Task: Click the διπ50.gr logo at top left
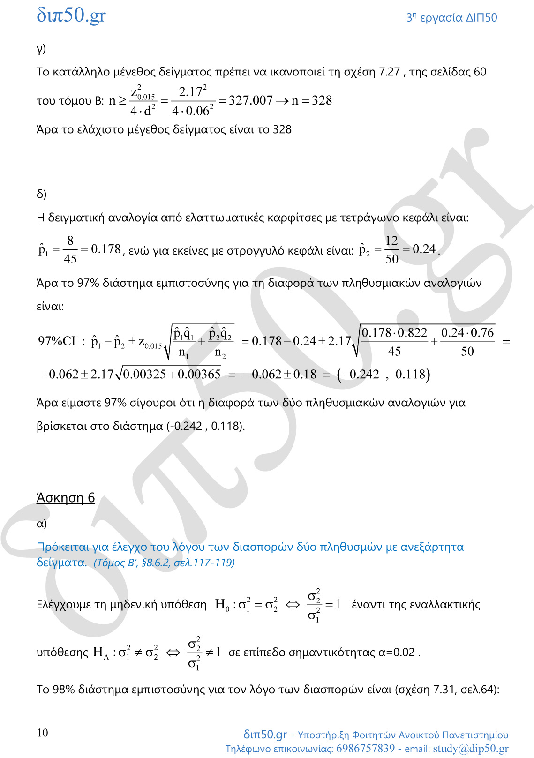tap(71, 15)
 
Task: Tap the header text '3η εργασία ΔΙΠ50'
tap(451, 18)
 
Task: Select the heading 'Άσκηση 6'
tap(66, 497)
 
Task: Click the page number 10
tap(42, 733)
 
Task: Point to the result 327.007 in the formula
tap(250, 100)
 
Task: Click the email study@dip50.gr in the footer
tap(470, 748)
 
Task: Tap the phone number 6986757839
tap(365, 748)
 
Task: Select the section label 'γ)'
tap(41, 49)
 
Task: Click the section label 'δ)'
tap(42, 194)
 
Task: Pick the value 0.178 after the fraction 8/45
tap(106, 249)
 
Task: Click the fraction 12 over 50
tap(391, 250)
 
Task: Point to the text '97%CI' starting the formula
tap(57, 341)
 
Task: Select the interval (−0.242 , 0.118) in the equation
tap(383, 374)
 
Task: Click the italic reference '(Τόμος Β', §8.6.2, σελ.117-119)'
tap(164, 563)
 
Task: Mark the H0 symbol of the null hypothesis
tap(222, 605)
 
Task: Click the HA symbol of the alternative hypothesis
tap(100, 653)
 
